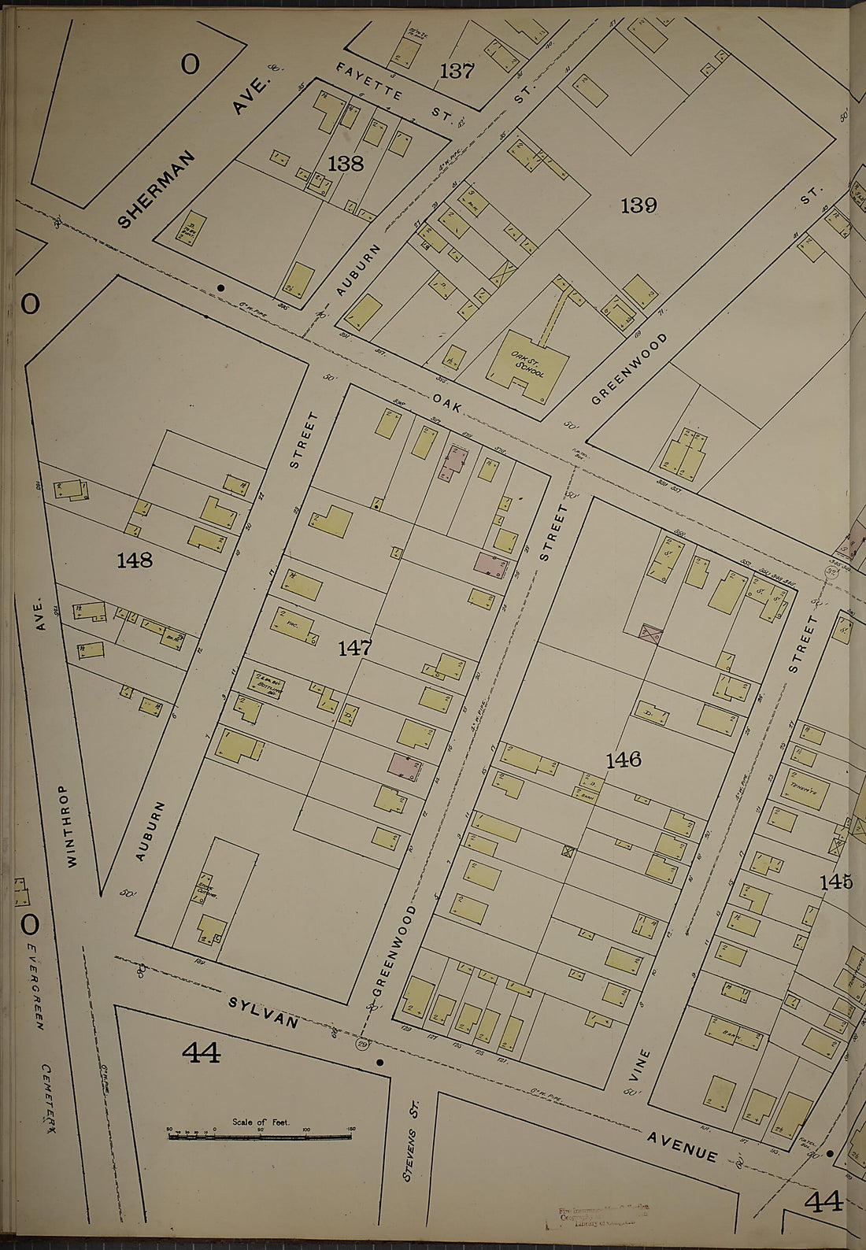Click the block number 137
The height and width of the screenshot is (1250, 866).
click(457, 71)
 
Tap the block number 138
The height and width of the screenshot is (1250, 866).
click(346, 163)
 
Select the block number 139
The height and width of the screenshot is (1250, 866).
click(638, 205)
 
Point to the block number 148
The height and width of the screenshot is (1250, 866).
click(135, 560)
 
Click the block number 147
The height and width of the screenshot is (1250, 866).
click(355, 648)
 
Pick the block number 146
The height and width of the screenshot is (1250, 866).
click(624, 760)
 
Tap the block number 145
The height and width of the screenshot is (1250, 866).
click(835, 882)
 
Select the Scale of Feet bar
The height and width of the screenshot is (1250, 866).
click(260, 1137)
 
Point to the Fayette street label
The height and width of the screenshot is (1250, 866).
click(369, 81)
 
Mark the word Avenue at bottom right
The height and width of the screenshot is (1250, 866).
click(683, 1146)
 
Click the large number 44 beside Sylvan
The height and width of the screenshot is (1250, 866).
click(202, 1052)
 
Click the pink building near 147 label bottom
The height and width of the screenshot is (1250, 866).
click(402, 765)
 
